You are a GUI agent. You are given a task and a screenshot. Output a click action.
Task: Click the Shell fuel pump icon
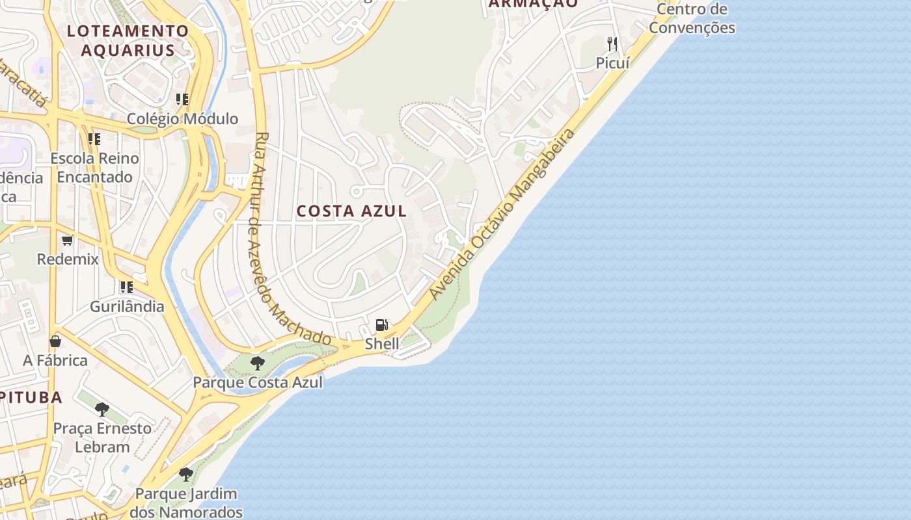point(382,325)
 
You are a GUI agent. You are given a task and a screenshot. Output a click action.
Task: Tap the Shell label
point(382,344)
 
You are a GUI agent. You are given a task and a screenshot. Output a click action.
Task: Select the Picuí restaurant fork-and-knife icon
point(612,44)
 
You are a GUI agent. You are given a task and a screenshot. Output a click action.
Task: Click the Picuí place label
point(613,63)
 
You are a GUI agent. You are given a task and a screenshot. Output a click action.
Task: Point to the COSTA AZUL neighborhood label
point(352,211)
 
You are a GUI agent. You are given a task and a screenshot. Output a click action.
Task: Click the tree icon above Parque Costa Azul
point(258,363)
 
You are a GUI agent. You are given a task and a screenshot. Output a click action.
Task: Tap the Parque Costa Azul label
point(258,382)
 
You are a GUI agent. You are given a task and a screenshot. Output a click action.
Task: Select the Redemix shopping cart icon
point(68,240)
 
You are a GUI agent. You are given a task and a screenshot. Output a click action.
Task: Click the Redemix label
point(68,259)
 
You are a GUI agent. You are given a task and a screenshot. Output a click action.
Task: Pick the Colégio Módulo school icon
point(182,99)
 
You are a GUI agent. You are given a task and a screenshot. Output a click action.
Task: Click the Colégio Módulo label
point(182,119)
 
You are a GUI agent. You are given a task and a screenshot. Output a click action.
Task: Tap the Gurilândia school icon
point(126,287)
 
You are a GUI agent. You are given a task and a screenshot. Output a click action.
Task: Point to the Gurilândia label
point(127,306)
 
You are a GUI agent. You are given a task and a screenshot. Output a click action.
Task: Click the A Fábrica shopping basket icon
point(55,341)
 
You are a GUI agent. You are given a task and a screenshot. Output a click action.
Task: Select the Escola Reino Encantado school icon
point(94,139)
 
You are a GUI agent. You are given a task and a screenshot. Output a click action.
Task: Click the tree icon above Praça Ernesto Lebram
point(102,409)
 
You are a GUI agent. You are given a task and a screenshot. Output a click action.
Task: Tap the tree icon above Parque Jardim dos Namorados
point(186,474)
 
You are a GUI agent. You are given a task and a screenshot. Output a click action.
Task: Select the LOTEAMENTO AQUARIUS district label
point(128,40)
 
